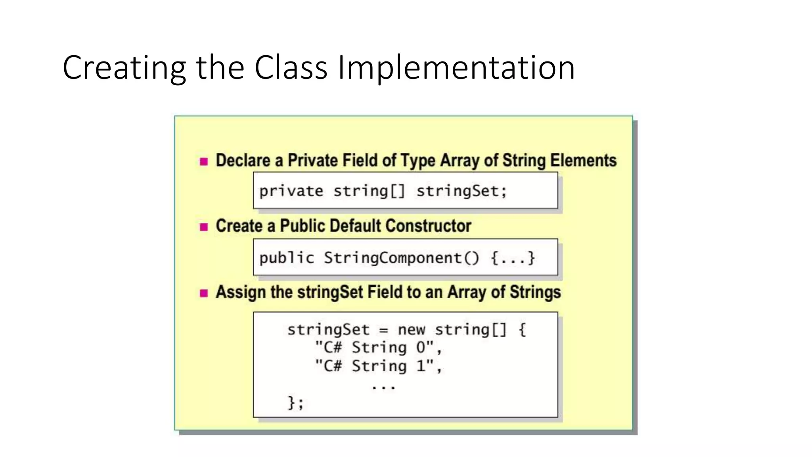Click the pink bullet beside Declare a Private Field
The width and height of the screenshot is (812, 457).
click(204, 161)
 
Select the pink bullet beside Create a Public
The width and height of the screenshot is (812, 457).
click(204, 227)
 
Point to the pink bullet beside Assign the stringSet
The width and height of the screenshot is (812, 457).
click(204, 293)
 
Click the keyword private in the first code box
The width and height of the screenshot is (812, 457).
click(291, 191)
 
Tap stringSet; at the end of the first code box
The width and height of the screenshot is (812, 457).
click(462, 191)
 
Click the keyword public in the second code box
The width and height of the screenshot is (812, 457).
click(287, 258)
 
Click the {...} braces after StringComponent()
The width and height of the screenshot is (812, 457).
click(513, 258)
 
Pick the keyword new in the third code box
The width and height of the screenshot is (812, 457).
click(411, 330)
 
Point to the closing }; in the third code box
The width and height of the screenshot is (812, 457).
click(295, 403)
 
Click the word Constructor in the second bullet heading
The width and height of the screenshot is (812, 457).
click(428, 226)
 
